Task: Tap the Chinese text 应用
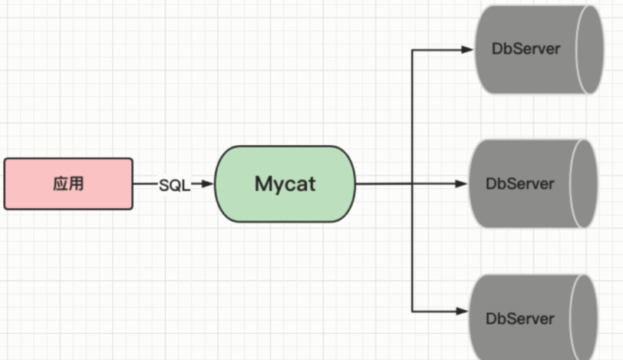coord(68,184)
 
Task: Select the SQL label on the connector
coord(174,185)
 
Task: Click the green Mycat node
coord(285,184)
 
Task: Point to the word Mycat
coord(285,184)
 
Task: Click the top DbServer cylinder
coord(529,50)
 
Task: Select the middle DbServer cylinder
coord(526,184)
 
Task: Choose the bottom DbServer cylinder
coord(526,316)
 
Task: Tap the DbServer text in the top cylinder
coord(526,49)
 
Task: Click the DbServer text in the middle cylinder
coord(519,184)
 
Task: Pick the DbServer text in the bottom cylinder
coord(519,318)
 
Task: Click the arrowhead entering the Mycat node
coord(208,184)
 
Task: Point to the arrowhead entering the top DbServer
coord(467,50)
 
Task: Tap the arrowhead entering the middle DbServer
coord(461,184)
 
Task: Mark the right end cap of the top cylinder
coord(586,50)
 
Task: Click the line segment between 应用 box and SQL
coord(145,184)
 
